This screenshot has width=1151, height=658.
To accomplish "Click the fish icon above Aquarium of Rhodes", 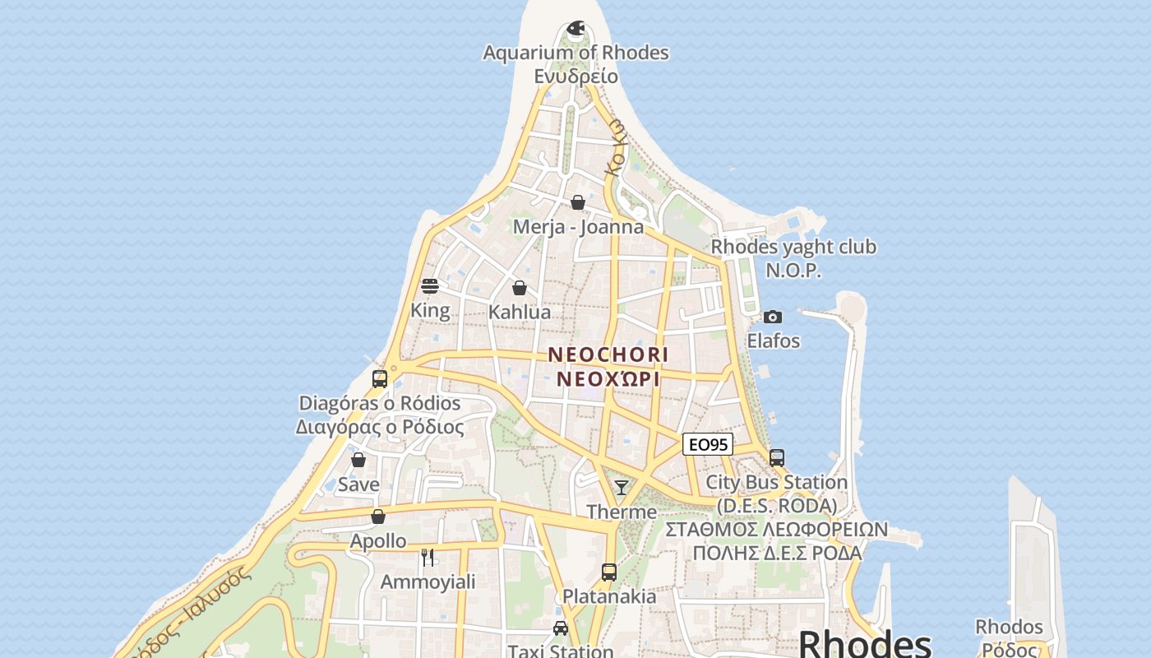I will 576,29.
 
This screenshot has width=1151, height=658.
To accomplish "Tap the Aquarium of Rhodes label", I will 575,53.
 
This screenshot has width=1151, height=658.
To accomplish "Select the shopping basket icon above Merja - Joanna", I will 578,202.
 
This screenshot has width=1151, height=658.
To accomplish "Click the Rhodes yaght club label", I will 793,247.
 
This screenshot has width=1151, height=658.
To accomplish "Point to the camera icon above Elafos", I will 773,317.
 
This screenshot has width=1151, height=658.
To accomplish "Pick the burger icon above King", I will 430,286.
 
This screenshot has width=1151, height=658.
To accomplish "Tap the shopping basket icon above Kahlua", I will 520,288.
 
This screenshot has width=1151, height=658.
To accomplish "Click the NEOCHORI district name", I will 608,354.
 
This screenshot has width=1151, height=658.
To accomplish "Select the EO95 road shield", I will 707,444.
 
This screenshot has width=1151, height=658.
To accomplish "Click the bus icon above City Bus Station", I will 777,457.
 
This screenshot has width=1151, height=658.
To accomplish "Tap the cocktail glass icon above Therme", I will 622,488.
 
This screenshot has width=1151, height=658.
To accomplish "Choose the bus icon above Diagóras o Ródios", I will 380,379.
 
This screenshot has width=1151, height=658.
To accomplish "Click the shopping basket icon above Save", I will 358,460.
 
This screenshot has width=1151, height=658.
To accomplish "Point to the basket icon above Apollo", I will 378,517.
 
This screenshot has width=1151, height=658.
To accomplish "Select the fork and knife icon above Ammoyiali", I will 428,558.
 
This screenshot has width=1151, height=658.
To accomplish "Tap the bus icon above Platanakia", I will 609,572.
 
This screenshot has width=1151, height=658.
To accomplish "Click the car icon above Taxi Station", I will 561,628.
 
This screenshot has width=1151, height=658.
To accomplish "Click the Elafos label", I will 773,341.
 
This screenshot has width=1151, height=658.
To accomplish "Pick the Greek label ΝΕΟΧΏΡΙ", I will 608,379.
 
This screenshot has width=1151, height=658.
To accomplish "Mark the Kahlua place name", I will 520,313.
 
